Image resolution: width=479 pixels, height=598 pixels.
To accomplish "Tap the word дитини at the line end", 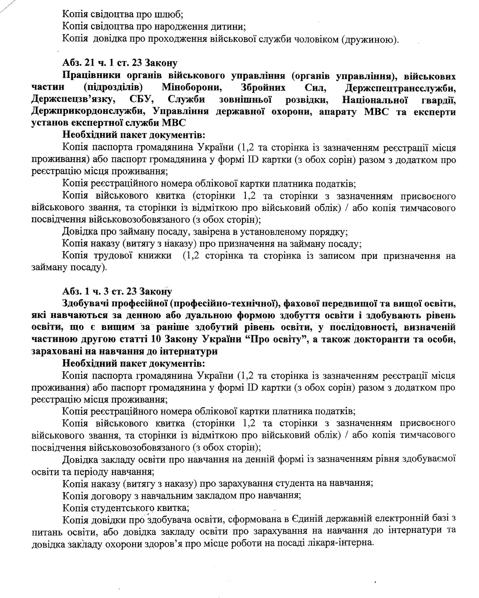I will coord(230,27).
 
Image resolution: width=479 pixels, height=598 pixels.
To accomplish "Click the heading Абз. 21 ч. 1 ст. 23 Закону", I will coord(119,63).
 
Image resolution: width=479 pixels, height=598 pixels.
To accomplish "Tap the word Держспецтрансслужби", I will coord(400,88).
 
